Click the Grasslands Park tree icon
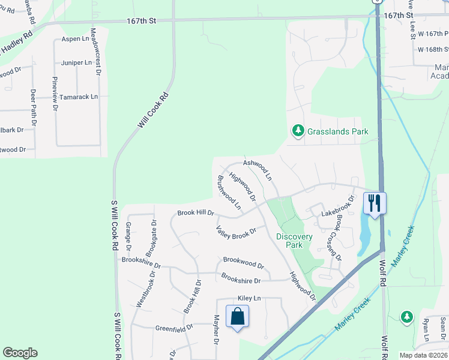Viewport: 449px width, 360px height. coord(297,130)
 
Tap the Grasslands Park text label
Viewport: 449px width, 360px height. coord(337,131)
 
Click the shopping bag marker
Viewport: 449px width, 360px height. coord(237,316)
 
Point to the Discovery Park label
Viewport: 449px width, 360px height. coord(294,241)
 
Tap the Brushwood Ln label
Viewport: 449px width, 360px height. coord(229,193)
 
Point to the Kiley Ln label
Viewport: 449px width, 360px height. coord(250,298)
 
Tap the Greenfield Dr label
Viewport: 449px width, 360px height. coord(174,328)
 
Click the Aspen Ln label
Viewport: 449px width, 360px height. coord(75,39)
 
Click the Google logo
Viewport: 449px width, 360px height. coord(20,353)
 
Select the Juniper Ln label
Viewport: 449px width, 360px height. coord(76,62)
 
